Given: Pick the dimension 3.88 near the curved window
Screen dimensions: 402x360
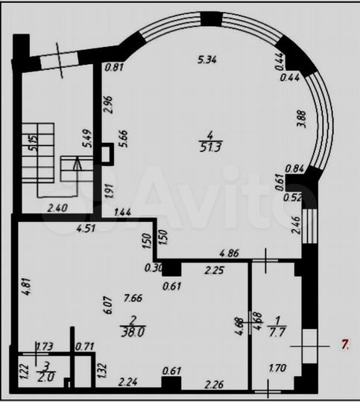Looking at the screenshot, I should (x=300, y=118).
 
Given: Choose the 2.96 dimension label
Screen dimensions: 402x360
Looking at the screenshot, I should (x=107, y=103).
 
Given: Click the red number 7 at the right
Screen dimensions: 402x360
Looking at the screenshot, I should (x=344, y=344).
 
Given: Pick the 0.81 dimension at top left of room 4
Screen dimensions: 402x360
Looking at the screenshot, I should (x=114, y=68).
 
